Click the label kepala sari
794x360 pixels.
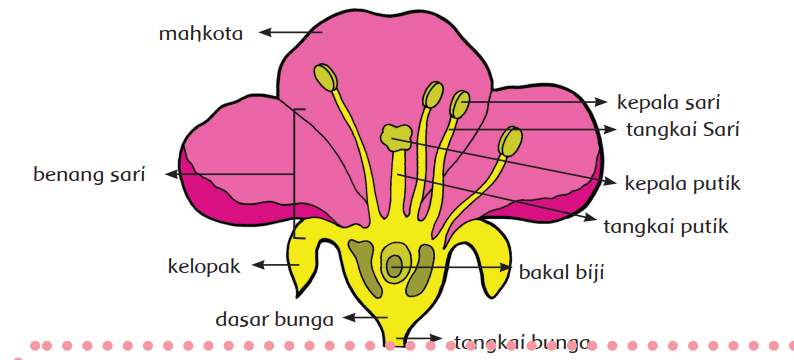[x=669, y=102]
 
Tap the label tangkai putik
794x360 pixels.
[x=666, y=226]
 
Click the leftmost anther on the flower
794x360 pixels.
[x=325, y=78]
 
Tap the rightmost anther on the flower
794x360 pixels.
[x=511, y=141]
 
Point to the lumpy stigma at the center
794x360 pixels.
[x=397, y=138]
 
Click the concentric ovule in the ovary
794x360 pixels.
[x=395, y=265]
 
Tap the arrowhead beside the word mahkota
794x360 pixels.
[x=265, y=33]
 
